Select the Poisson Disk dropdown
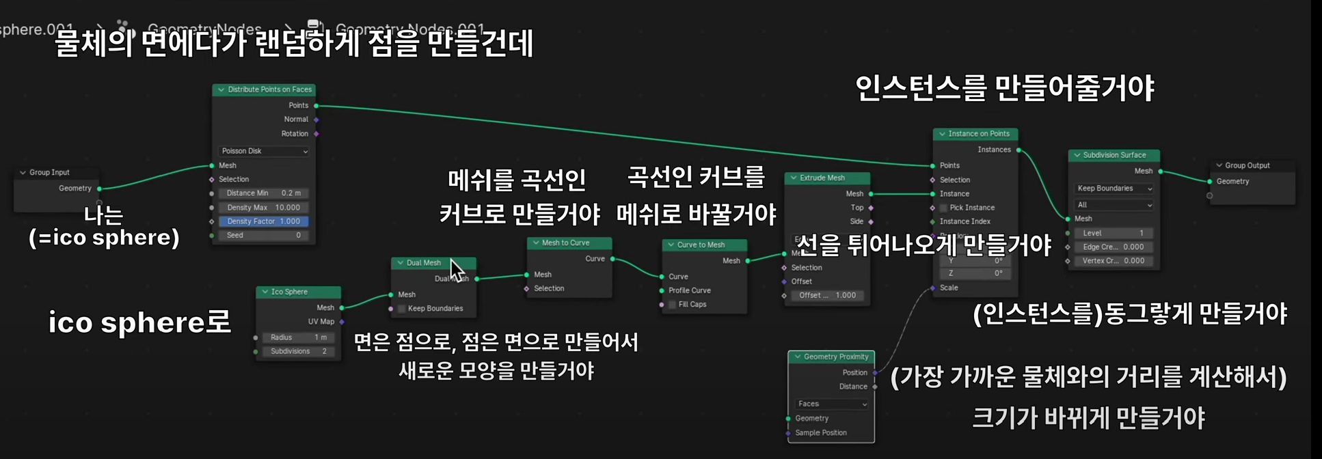264,151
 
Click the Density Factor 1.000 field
263,221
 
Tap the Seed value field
263,235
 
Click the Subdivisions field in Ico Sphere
298,351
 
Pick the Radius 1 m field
298,337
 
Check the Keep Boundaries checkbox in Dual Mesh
402,309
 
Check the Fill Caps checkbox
673,305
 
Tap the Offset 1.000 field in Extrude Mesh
826,295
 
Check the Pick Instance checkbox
943,208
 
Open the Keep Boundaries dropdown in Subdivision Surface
1114,189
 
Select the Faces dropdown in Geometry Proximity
831,404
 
